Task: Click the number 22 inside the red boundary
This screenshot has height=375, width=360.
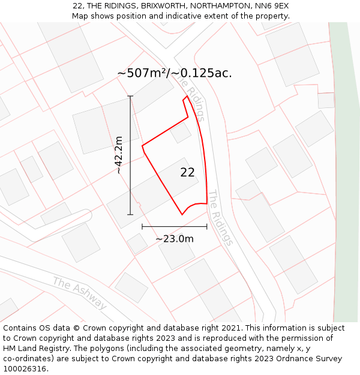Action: pos(187,172)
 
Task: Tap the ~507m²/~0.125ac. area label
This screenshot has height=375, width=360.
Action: pos(175,73)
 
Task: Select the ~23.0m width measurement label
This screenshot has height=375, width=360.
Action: pos(175,239)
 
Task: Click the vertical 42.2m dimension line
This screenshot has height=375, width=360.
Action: pos(130,180)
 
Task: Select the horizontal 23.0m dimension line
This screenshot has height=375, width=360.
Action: pos(174,226)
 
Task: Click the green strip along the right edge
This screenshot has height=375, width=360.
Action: pos(346,180)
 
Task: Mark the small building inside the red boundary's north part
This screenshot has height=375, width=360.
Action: pos(181,133)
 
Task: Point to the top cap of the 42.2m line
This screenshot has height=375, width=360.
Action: pos(130,96)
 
